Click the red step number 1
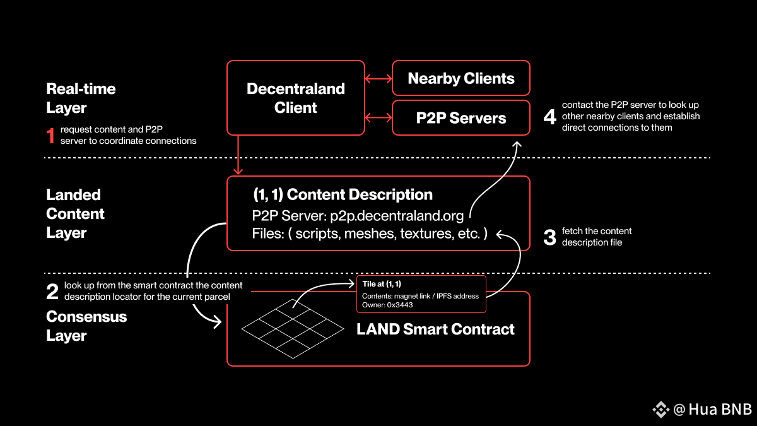(50, 135)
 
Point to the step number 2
(52, 292)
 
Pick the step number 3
(550, 237)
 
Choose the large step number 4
(550, 117)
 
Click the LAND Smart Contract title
(435, 329)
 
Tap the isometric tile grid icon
(293, 329)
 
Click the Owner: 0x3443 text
(387, 305)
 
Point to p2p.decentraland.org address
(397, 216)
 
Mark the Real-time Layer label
(81, 98)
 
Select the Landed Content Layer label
(75, 214)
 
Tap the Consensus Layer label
(86, 326)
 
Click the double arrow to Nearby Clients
(378, 79)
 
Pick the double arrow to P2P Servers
(378, 118)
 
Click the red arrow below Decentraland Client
(238, 155)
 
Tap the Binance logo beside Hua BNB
(660, 410)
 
